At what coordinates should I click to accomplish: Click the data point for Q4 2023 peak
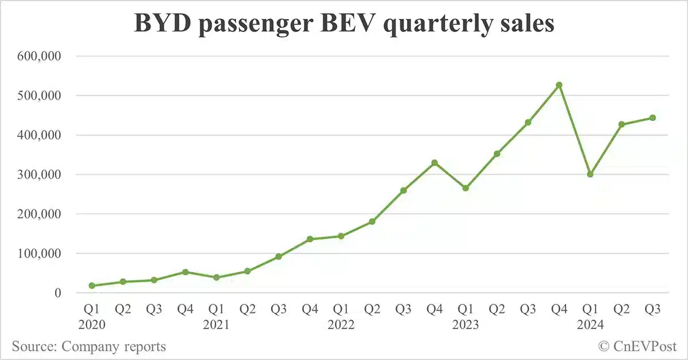click(559, 85)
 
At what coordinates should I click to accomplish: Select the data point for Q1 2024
click(590, 174)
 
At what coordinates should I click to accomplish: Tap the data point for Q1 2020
click(92, 285)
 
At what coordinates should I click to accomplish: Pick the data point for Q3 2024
click(652, 118)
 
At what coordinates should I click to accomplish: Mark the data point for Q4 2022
click(435, 163)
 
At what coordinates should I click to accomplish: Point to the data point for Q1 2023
click(466, 188)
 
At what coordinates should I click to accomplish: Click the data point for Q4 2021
click(310, 239)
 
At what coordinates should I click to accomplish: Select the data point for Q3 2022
click(403, 190)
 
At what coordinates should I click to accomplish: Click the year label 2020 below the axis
click(92, 325)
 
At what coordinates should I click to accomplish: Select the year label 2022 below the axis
click(341, 325)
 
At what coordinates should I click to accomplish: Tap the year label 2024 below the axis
click(590, 325)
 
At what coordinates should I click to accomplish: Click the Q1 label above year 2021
click(216, 310)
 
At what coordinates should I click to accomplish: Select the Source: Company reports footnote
click(89, 347)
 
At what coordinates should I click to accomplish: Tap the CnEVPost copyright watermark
click(638, 347)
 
